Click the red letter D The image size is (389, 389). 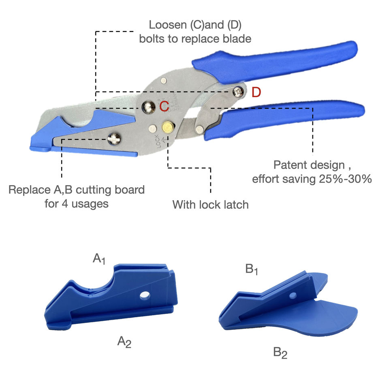coord(256,92)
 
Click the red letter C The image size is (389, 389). coord(164,107)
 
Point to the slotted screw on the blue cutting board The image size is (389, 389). coord(114,140)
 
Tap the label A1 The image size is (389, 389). coord(99,259)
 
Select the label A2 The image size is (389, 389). coord(124,342)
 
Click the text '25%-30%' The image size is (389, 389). coord(349,179)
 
